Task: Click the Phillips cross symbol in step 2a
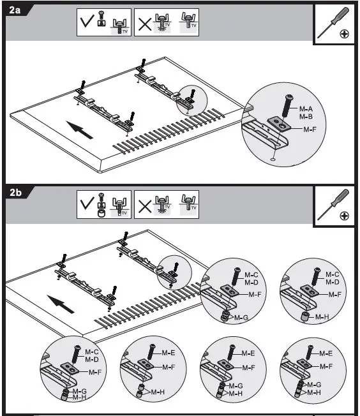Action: [x=344, y=34]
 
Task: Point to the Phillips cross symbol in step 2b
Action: [x=344, y=216]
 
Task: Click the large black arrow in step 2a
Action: [x=80, y=130]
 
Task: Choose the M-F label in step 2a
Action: [x=310, y=130]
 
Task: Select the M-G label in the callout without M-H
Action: [x=240, y=317]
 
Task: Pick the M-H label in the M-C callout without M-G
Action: [x=323, y=317]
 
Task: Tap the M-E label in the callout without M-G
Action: [x=168, y=353]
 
